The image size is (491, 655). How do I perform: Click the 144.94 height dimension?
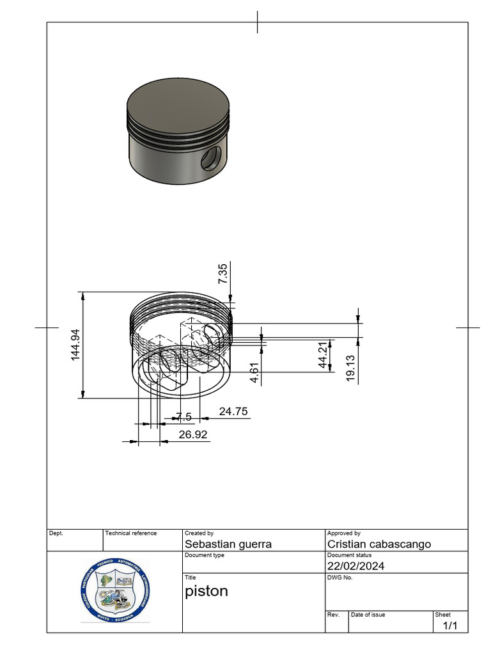coord(76,345)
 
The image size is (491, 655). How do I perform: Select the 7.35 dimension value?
coord(222,273)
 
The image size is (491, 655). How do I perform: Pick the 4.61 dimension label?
coord(254,373)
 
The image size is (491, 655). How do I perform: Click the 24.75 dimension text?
coord(233,411)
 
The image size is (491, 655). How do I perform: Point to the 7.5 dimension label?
coord(183,417)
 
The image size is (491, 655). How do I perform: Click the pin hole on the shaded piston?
coord(210,159)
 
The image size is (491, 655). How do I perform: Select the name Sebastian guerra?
coord(228,544)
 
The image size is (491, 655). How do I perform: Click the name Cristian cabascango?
coord(378,544)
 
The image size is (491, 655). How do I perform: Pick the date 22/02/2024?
coord(355,566)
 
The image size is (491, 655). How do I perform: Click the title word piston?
coord(206,591)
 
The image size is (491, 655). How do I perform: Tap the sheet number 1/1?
coord(450,626)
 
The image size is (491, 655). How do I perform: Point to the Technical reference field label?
coord(130,533)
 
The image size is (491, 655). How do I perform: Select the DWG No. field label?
coord(339,577)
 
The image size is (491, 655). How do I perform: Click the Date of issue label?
coord(368,615)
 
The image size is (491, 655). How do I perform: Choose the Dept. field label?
coord(56,533)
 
